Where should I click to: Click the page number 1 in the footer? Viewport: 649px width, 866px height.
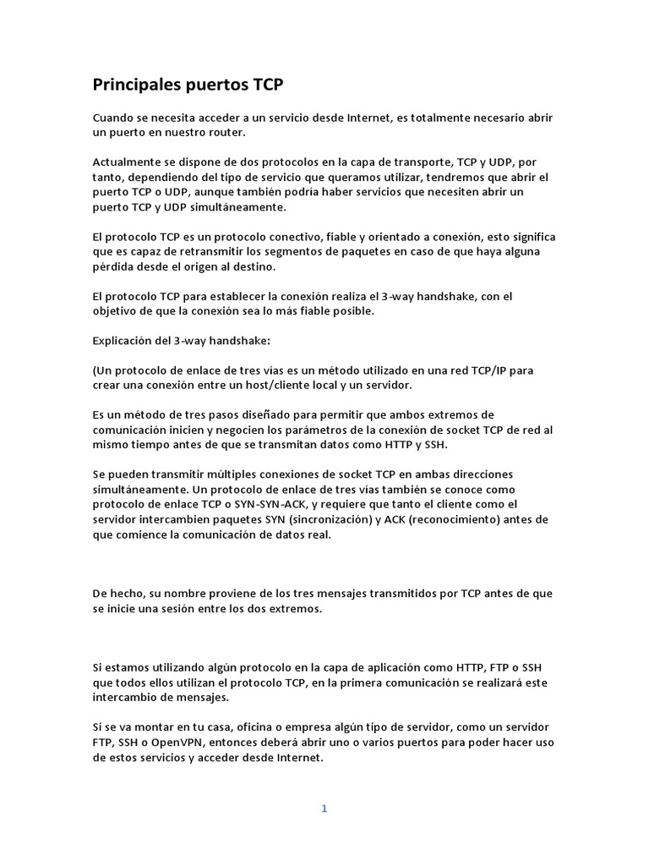point(324,808)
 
